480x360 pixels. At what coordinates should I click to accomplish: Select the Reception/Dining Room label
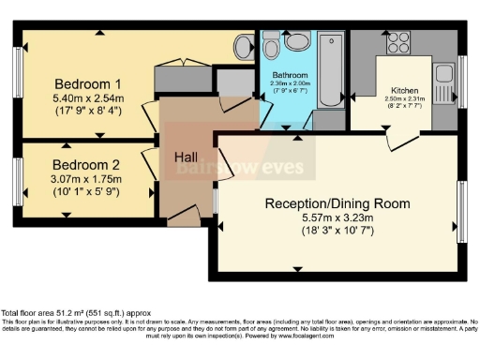pyautogui.click(x=337, y=203)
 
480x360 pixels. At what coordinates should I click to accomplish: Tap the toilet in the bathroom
pyautogui.click(x=298, y=39)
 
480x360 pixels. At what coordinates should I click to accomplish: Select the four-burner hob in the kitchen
pyautogui.click(x=397, y=42)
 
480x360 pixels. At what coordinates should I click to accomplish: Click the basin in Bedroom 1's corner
pyautogui.click(x=242, y=45)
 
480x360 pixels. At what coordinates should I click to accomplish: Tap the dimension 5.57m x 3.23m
pyautogui.click(x=337, y=218)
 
